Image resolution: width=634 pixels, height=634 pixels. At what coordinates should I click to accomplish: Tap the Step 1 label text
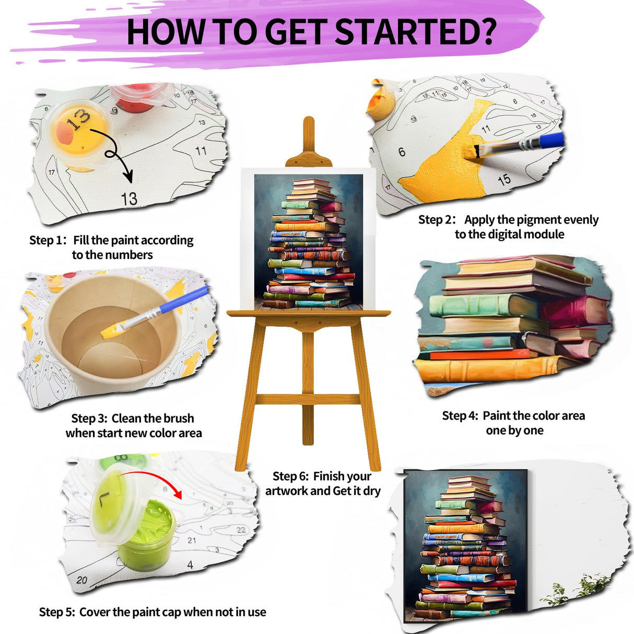pyautogui.click(x=48, y=240)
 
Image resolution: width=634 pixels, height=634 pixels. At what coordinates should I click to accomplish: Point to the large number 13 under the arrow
pyautogui.click(x=129, y=198)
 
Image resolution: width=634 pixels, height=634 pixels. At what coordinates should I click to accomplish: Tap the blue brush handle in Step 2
pyautogui.click(x=551, y=140)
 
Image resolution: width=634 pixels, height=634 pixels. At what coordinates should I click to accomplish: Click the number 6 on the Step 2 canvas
pyautogui.click(x=402, y=152)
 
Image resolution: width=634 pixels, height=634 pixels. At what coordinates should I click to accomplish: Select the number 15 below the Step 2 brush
pyautogui.click(x=504, y=180)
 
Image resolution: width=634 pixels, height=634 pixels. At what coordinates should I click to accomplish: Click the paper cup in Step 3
pyautogui.click(x=112, y=334)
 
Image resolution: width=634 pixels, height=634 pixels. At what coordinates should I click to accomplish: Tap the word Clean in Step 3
pyautogui.click(x=126, y=418)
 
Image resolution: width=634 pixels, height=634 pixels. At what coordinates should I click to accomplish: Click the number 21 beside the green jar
pyautogui.click(x=192, y=540)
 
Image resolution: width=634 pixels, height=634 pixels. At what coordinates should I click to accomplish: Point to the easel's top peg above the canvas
pyautogui.click(x=309, y=133)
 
